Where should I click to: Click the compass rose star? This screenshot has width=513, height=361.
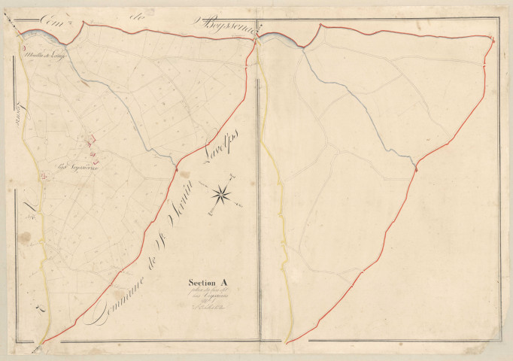tap(222, 195)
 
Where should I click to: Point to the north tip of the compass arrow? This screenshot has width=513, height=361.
tap(235, 177)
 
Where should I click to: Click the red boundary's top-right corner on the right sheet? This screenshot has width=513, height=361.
tap(493, 36)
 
